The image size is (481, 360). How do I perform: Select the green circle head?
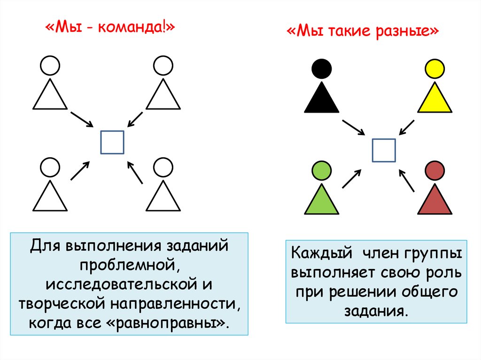pos(322,171)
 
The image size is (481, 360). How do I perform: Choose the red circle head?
pos(434,171)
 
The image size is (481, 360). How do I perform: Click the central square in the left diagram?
pos(112,142)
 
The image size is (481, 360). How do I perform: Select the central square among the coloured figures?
pos(384,150)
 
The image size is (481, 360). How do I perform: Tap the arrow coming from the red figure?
pos(407,180)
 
